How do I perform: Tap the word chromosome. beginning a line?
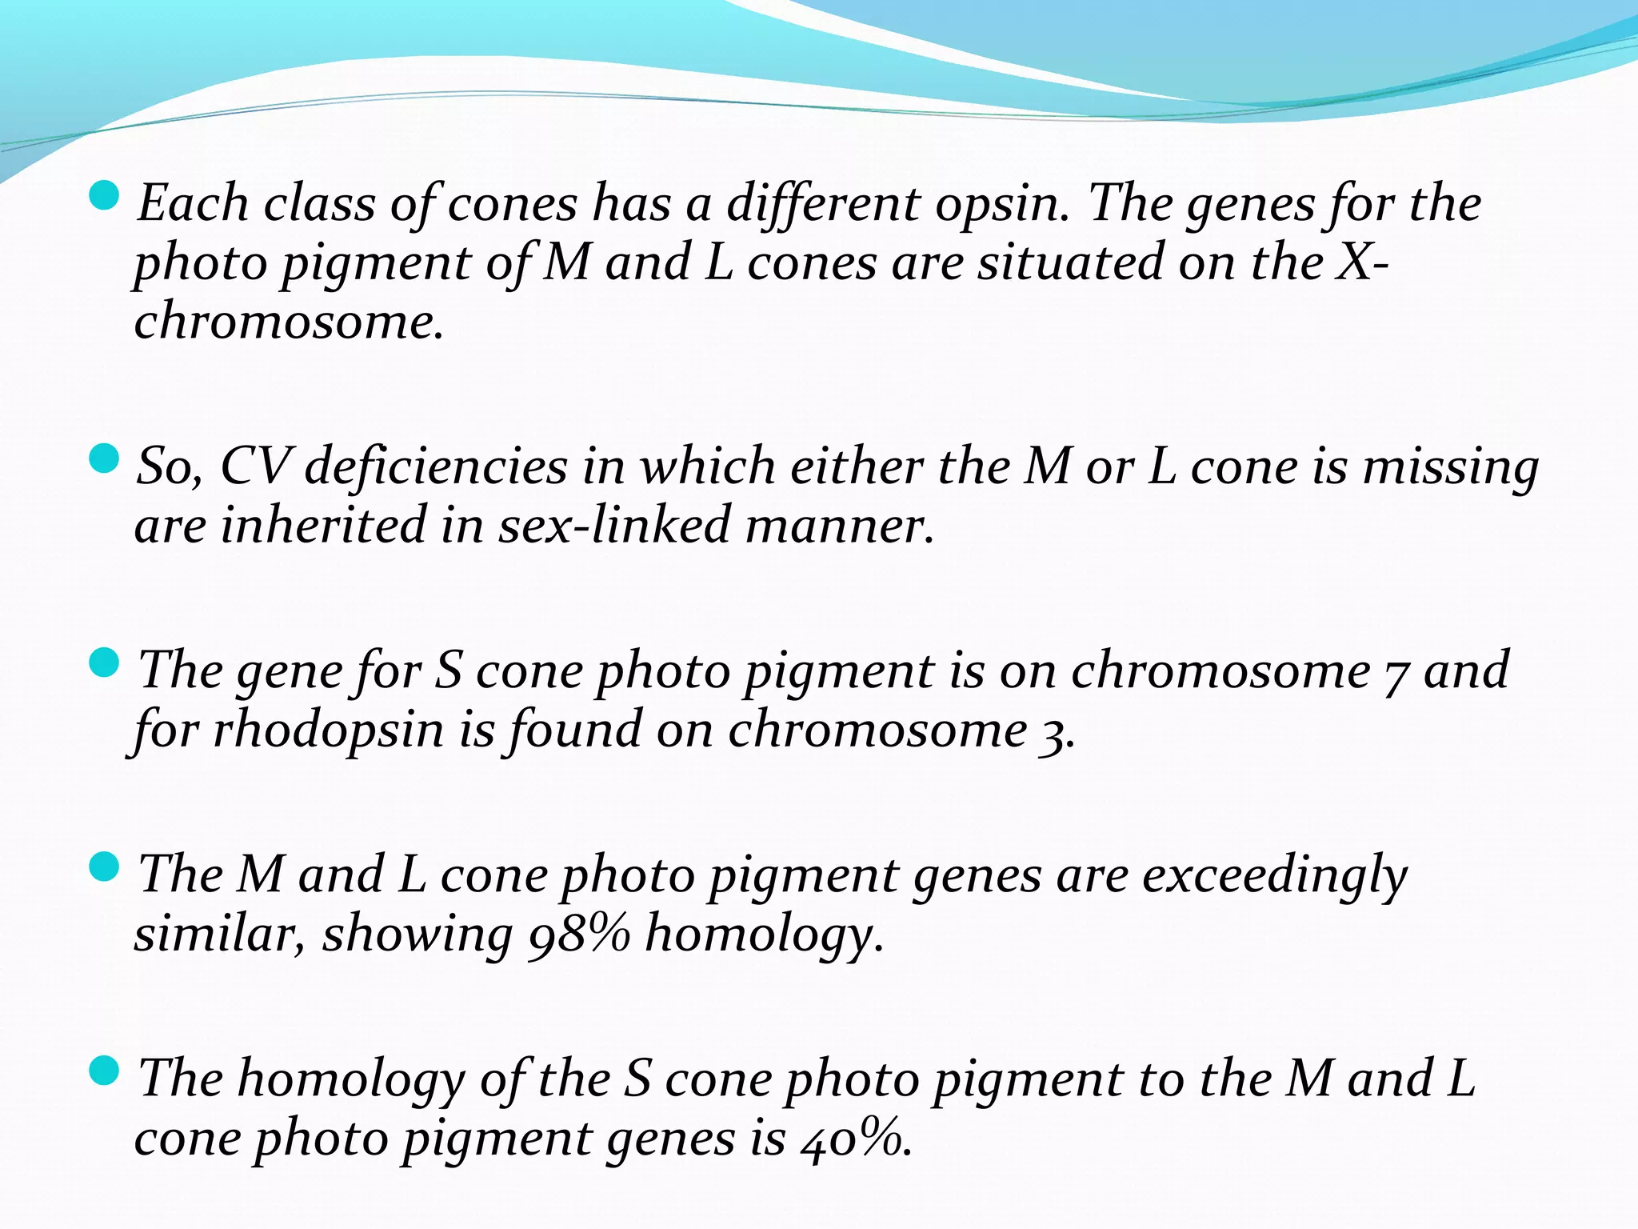289,323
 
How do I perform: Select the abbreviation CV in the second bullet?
254,466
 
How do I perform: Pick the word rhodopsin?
328,731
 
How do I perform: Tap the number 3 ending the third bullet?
1056,732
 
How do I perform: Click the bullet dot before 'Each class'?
104,195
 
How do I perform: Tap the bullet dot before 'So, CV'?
104,458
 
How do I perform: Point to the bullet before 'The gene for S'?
104,663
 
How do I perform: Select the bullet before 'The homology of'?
104,1070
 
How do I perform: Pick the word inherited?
323,526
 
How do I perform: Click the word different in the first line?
823,205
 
